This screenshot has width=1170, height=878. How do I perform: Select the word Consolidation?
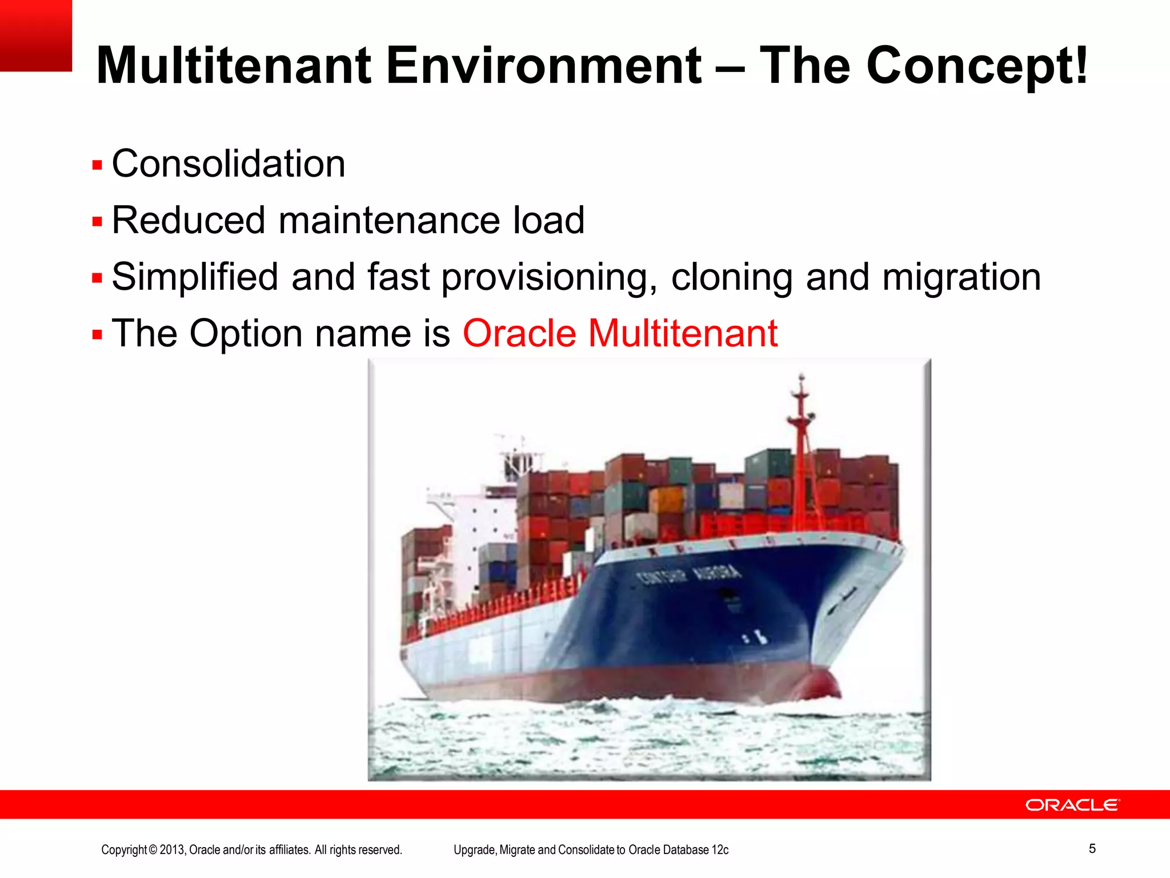[229, 164]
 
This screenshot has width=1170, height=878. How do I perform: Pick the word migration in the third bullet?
[961, 277]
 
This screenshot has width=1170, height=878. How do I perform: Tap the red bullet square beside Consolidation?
[97, 166]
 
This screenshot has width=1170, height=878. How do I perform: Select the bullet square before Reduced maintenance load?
[97, 222]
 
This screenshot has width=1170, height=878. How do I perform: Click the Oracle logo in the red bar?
[1072, 805]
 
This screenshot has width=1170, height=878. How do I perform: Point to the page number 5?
[1092, 848]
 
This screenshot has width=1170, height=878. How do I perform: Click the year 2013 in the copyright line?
[172, 850]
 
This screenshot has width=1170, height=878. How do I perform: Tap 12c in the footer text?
[720, 850]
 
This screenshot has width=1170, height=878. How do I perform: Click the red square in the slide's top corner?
[35, 35]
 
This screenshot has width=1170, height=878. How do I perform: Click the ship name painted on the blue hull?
[689, 574]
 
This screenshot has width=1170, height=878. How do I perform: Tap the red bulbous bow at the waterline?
[820, 683]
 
